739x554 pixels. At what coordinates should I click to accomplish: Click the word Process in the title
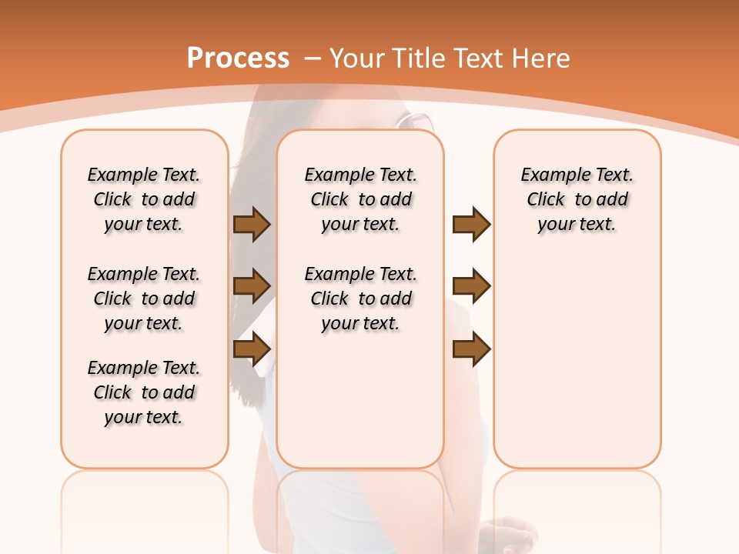click(x=238, y=58)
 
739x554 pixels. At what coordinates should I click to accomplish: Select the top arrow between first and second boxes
click(x=252, y=224)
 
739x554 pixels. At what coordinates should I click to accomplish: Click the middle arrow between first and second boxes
click(x=252, y=286)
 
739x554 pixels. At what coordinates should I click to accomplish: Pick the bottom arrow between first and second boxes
click(x=252, y=349)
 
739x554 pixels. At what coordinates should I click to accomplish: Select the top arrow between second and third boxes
click(x=471, y=224)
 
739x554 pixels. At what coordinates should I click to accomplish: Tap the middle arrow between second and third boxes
click(x=471, y=286)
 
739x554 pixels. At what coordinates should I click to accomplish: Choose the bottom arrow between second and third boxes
click(x=471, y=349)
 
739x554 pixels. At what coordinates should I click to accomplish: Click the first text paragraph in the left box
click(x=144, y=199)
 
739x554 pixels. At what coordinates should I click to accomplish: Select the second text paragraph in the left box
click(x=144, y=299)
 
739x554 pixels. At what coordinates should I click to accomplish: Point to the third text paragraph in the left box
click(x=144, y=392)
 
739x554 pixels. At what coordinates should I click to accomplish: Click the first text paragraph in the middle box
click(x=360, y=199)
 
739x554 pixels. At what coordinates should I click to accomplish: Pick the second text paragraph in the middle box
click(x=360, y=299)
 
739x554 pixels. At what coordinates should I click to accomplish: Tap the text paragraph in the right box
click(x=577, y=199)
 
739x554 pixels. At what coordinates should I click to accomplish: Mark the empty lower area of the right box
click(x=577, y=369)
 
